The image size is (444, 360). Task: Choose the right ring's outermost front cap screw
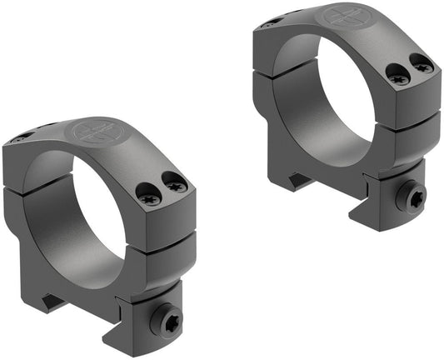[424, 64]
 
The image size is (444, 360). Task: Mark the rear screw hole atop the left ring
[23, 136]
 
